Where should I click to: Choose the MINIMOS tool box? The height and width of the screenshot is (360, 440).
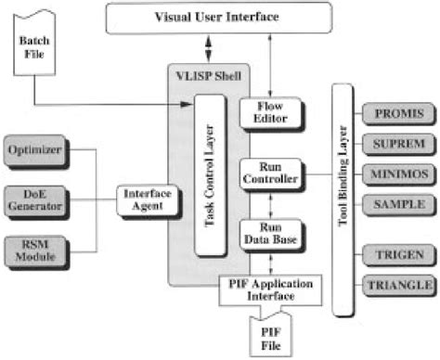[397, 173]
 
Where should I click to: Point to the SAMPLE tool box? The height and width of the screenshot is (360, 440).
[397, 202]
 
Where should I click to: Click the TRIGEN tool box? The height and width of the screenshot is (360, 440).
[397, 251]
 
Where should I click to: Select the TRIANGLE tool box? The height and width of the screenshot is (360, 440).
[397, 282]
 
